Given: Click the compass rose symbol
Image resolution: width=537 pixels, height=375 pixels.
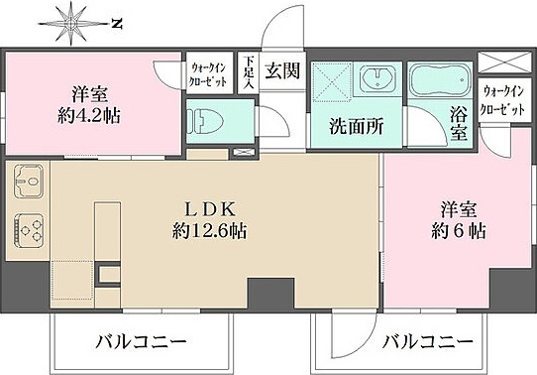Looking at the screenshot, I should (x=73, y=21).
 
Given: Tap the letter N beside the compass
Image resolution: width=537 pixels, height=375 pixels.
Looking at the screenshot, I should (x=116, y=21).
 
